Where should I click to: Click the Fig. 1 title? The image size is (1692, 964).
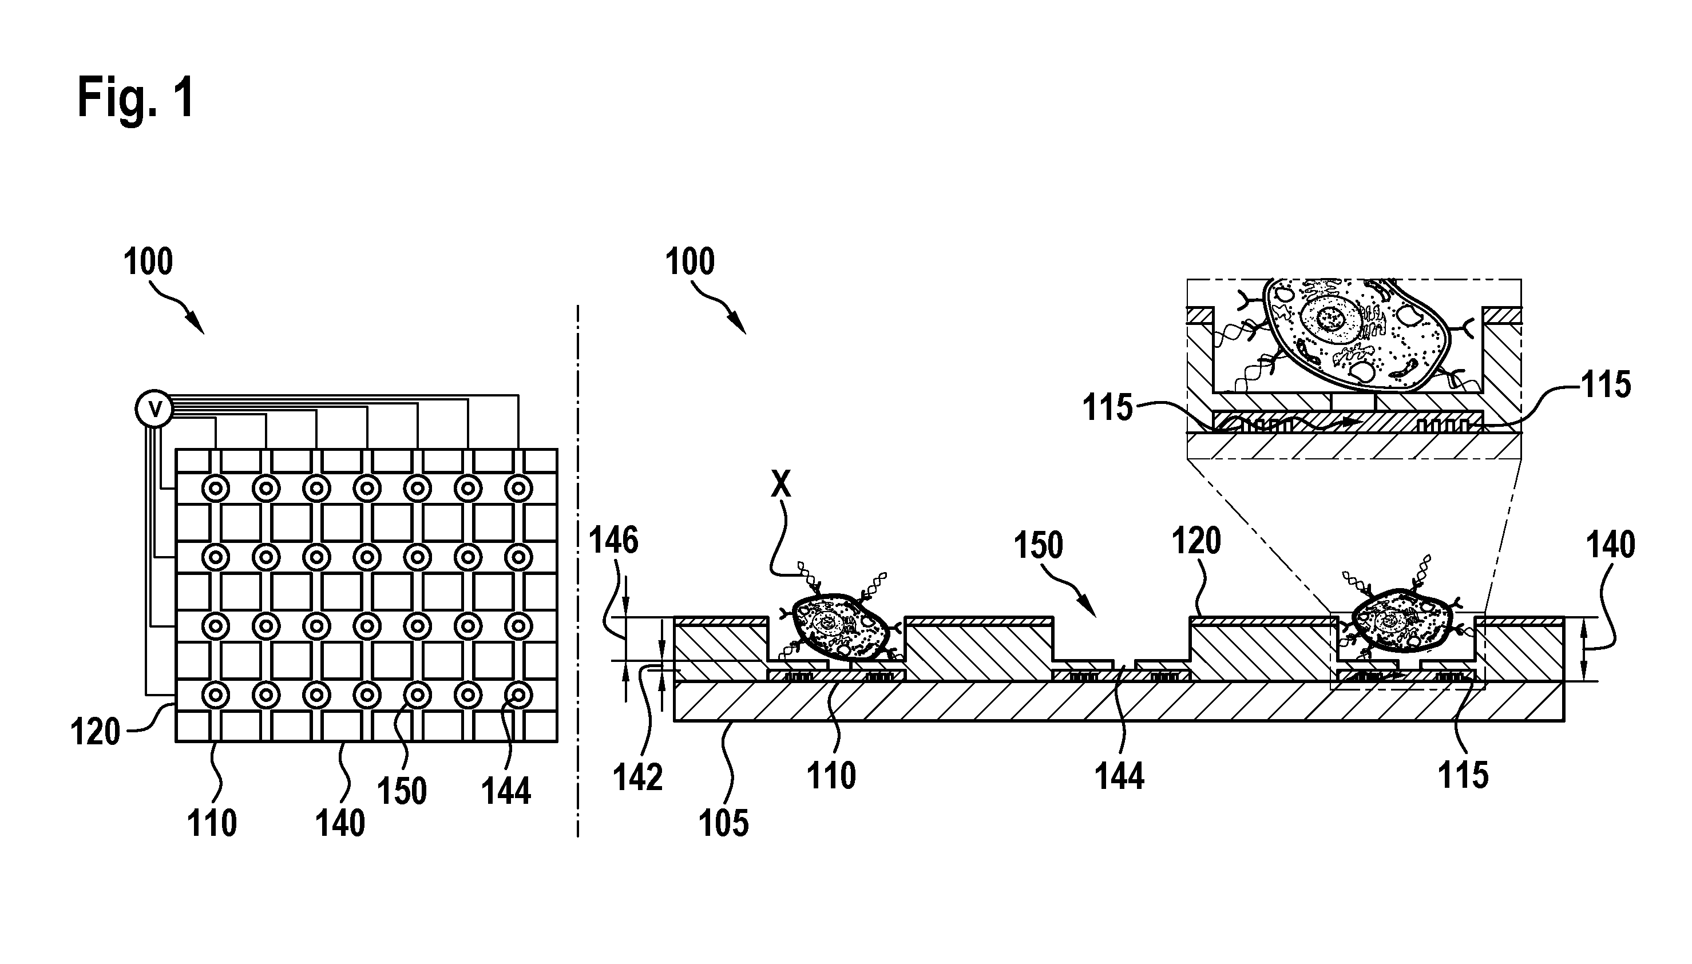136,97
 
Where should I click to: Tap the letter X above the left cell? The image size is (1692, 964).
781,485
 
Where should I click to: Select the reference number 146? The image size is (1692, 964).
613,541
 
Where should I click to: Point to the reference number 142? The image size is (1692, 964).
637,777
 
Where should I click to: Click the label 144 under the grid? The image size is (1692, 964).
506,791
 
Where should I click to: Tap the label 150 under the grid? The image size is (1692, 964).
402,791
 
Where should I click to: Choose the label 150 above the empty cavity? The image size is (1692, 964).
1039,546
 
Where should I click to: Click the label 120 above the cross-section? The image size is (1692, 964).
1196,541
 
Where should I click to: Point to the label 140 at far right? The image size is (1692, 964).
1611,546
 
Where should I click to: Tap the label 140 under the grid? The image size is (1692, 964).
339,824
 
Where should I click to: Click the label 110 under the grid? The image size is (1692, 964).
212,824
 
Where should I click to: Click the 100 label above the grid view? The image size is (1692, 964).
148,261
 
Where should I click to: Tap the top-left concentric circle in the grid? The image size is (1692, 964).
215,489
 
